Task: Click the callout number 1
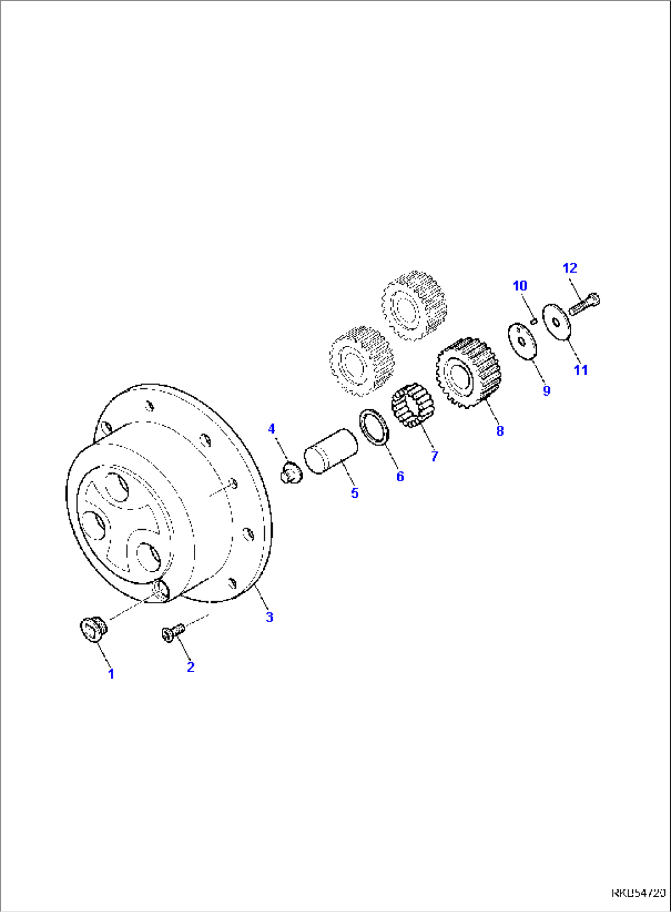tap(111, 674)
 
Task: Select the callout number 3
tap(269, 617)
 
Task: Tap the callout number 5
tap(355, 493)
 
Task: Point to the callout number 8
tap(500, 431)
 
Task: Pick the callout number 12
tap(570, 268)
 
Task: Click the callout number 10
tap(520, 286)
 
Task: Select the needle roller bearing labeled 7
tap(412, 406)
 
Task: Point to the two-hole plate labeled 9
tap(523, 341)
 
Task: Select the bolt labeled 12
tap(584, 304)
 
